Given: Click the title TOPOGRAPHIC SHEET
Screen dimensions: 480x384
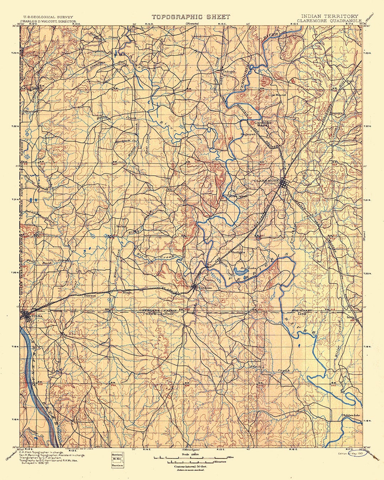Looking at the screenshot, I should (x=191, y=17).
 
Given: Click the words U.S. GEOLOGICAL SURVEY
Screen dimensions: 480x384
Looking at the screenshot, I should (x=48, y=17).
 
